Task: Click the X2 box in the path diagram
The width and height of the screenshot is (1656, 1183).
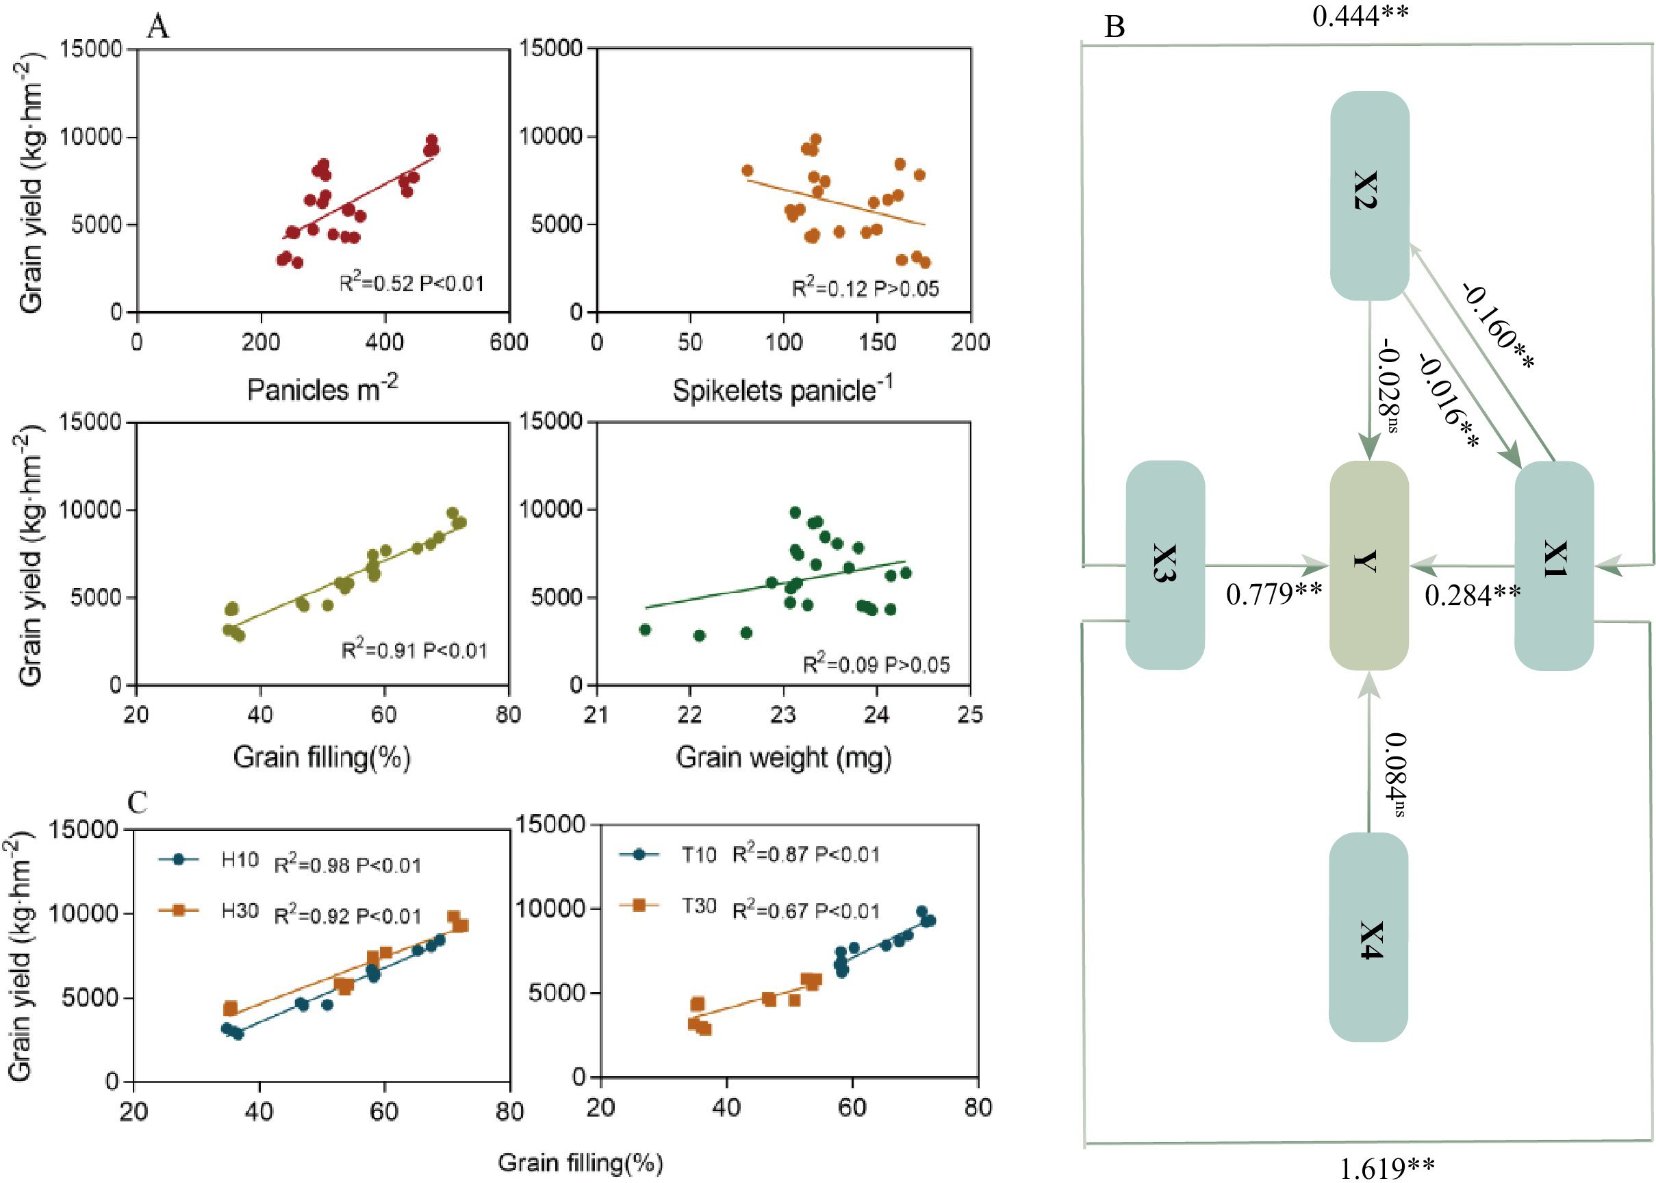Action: (x=1369, y=195)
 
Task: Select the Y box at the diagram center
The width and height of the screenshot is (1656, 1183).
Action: (x=1368, y=565)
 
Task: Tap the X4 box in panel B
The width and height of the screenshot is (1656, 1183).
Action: (x=1368, y=937)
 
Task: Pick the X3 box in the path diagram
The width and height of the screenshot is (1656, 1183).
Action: (x=1165, y=565)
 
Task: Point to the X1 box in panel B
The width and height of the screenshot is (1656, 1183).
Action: (x=1554, y=565)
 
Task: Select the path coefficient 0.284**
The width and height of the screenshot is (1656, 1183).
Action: (x=1472, y=596)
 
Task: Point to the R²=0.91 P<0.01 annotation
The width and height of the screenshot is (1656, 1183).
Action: (x=413, y=650)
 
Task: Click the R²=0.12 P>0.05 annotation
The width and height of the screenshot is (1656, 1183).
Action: (x=865, y=289)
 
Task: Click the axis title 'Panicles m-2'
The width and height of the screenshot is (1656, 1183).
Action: (x=322, y=389)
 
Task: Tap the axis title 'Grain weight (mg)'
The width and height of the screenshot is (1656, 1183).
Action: (x=784, y=759)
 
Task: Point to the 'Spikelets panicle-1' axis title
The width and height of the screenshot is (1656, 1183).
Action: (x=782, y=390)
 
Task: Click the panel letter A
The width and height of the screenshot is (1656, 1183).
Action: (x=157, y=27)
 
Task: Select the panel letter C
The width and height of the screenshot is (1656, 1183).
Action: (x=137, y=802)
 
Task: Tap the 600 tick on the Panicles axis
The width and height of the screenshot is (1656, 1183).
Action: (x=509, y=342)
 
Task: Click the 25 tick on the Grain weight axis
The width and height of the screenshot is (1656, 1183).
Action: (x=969, y=715)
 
